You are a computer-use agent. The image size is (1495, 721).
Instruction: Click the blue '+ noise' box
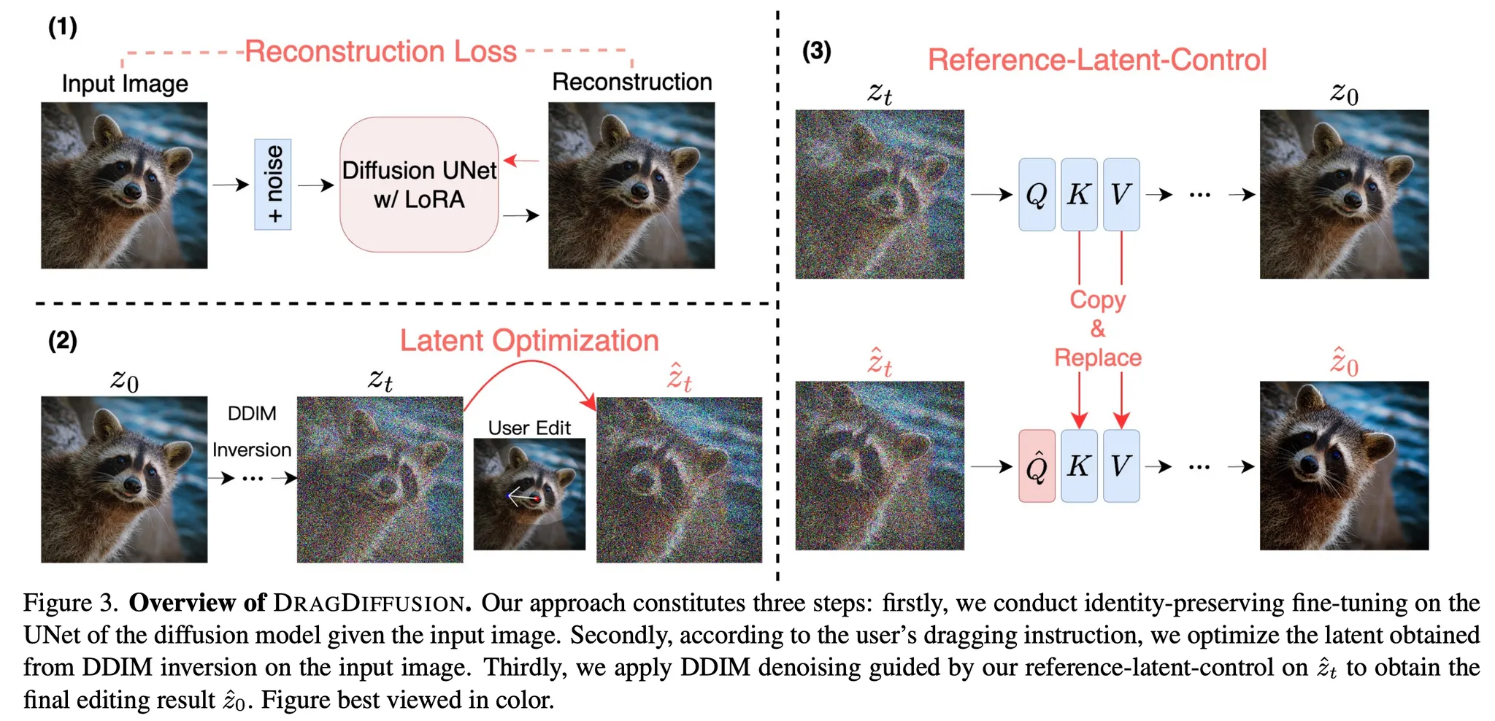[x=272, y=185]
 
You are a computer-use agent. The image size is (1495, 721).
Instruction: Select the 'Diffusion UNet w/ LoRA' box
[x=419, y=185]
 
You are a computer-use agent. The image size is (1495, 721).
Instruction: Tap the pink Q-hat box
[x=1037, y=466]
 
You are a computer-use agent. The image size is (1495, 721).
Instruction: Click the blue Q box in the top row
[x=1037, y=194]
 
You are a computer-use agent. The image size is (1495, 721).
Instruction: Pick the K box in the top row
[x=1079, y=194]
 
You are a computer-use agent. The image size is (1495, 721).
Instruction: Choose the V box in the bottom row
[x=1121, y=466]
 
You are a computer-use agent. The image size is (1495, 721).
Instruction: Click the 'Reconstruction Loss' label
[x=380, y=52]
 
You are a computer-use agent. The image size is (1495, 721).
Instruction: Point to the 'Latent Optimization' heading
[x=529, y=341]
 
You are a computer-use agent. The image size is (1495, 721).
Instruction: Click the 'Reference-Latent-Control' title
[x=1096, y=60]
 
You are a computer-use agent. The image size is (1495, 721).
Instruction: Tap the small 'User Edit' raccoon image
[x=529, y=494]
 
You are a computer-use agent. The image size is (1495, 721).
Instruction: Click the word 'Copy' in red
[x=1097, y=300]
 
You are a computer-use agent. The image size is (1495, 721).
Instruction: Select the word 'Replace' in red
[x=1097, y=358]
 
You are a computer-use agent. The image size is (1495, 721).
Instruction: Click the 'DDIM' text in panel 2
[x=252, y=414]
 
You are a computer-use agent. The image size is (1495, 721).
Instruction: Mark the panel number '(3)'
[x=816, y=51]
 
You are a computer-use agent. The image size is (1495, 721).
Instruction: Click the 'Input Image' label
[x=125, y=84]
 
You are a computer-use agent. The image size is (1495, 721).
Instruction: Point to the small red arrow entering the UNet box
[x=520, y=161]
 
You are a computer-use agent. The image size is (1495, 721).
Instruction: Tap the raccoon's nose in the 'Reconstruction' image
[x=640, y=191]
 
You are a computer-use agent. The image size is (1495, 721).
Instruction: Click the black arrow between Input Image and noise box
[x=231, y=185]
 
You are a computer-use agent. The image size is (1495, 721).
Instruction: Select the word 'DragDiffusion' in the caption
[x=369, y=604]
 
